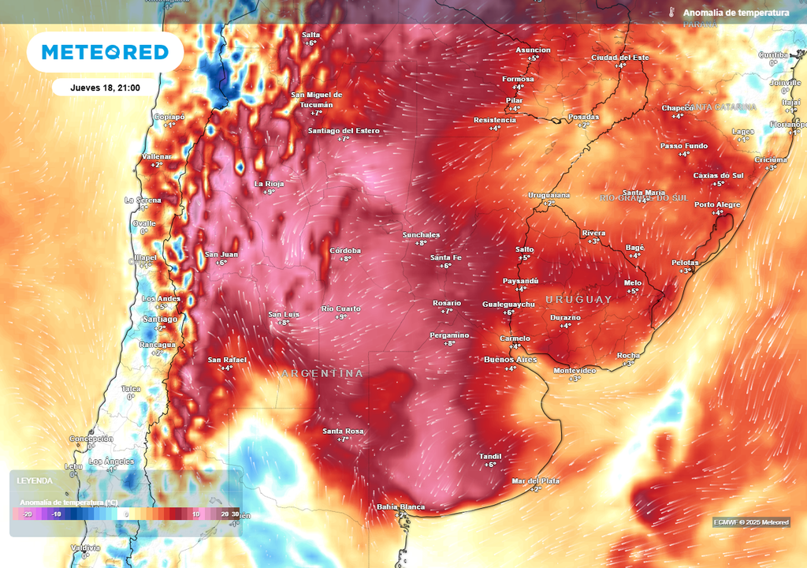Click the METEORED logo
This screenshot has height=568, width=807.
105,52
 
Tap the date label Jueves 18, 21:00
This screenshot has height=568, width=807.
105,88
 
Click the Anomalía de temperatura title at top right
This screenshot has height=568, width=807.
735,13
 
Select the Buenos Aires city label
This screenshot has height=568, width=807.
510,360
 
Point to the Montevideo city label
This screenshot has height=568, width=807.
575,370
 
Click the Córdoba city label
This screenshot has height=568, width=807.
345,251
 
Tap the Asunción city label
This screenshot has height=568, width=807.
533,50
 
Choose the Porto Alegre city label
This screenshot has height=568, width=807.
717,205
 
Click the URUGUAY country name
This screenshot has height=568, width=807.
578,300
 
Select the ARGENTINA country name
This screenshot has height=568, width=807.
322,373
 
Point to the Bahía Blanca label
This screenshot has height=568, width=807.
400,507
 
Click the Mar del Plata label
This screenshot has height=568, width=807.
535,480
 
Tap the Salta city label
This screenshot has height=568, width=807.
311,35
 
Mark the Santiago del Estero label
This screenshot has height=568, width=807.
344,131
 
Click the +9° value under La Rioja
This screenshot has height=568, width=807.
269,192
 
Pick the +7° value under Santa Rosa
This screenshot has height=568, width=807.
343,439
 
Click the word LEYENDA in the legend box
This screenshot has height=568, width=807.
36,480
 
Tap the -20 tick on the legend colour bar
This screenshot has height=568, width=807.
27,514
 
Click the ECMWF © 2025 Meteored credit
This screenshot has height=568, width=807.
750,522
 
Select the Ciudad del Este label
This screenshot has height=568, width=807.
620,58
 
